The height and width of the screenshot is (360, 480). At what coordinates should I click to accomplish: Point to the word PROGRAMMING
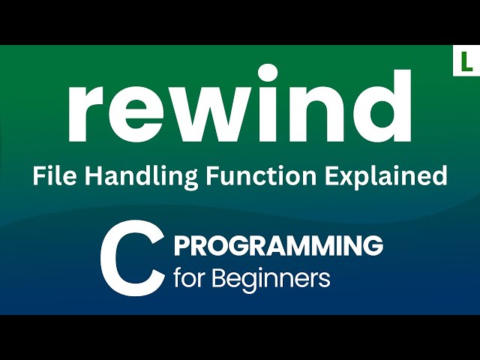278,245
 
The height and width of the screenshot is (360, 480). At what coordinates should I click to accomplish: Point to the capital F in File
37,176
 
